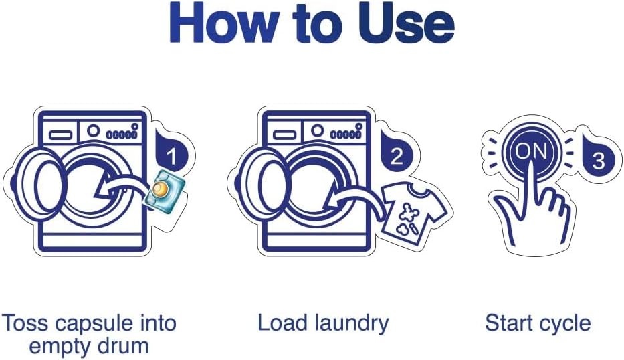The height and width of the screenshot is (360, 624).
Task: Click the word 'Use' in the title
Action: pyautogui.click(x=406, y=23)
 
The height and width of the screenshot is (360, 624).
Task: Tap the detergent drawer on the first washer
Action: pyautogui.click(x=60, y=135)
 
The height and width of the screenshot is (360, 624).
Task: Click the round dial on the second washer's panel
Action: pyautogui.click(x=317, y=130)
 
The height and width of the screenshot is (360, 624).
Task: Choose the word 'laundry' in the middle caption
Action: pyautogui.click(x=350, y=323)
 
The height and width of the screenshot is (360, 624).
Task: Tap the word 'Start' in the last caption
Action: pyautogui.click(x=510, y=323)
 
